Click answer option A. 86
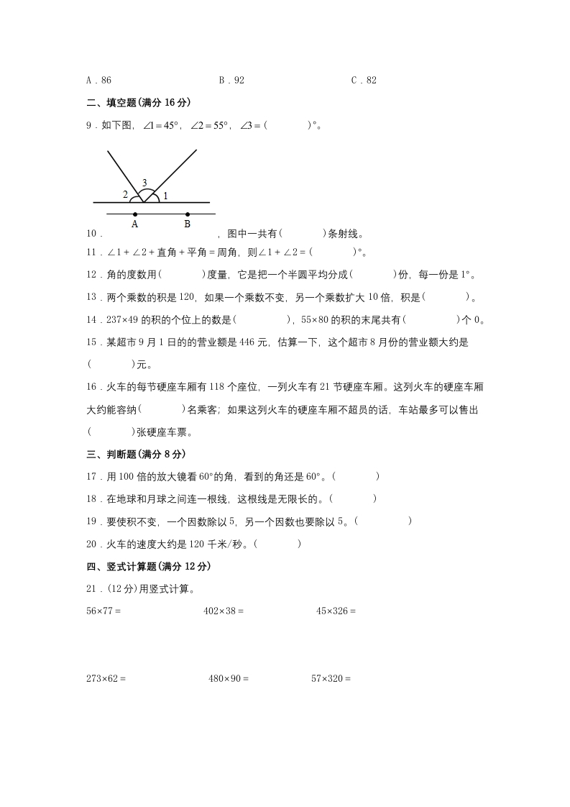(x=98, y=81)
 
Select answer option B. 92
(x=231, y=81)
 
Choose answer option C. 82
(x=364, y=81)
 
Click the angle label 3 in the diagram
(x=144, y=183)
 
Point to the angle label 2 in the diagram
(x=125, y=194)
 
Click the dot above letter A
(x=135, y=214)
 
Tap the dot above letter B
(x=188, y=214)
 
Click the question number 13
(x=91, y=296)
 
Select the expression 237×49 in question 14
(x=120, y=319)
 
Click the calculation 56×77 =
(x=103, y=612)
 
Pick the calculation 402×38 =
(x=224, y=612)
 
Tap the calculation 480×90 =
(x=228, y=678)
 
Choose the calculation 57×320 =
(x=331, y=678)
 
